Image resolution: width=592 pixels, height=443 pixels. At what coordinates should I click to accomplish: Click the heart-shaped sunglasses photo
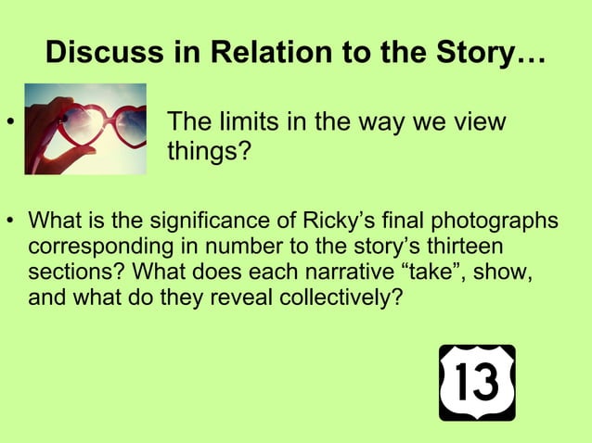85,129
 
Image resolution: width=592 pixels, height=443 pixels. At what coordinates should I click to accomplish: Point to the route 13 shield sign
477,383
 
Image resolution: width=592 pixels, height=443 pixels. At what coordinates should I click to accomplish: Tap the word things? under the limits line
209,150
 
